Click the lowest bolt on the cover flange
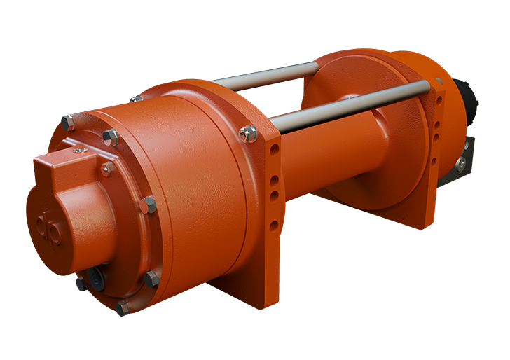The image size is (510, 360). click(x=123, y=307)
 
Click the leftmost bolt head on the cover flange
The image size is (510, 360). click(x=67, y=123)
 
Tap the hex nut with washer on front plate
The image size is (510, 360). click(x=247, y=133)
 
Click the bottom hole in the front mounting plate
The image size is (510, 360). click(x=273, y=226)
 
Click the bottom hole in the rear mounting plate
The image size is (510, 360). click(x=433, y=160)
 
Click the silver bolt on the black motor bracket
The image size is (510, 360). click(x=461, y=164)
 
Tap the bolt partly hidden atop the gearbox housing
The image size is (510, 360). click(x=136, y=99)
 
